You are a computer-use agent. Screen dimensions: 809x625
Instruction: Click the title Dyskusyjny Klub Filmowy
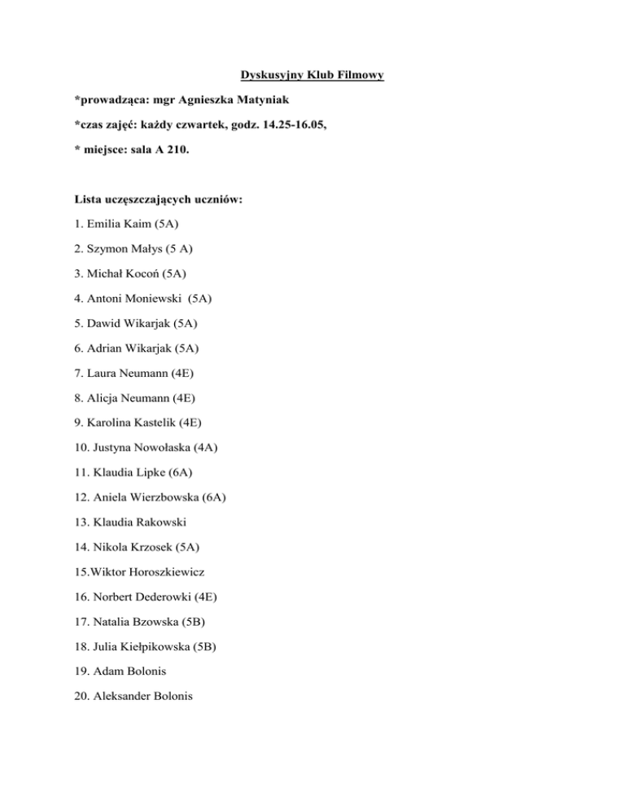tap(312, 77)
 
